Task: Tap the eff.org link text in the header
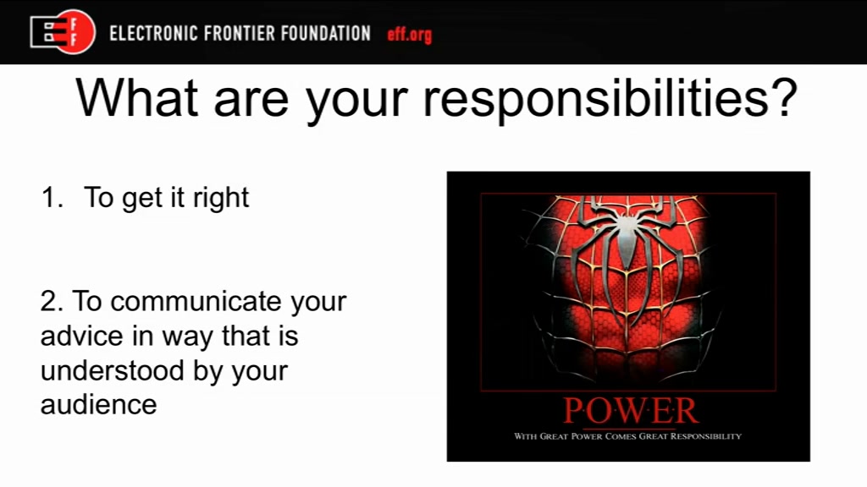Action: click(409, 34)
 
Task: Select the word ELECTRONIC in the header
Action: click(153, 33)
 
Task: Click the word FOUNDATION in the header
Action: click(326, 33)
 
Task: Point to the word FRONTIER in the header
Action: click(239, 33)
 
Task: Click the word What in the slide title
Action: click(137, 98)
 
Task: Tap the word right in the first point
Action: click(221, 199)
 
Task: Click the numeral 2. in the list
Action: click(52, 302)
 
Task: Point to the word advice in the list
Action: click(82, 336)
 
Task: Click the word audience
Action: click(98, 405)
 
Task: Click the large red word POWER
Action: click(630, 411)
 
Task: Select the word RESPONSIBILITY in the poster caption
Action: click(706, 436)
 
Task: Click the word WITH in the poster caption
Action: click(525, 436)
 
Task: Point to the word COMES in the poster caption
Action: click(621, 436)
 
